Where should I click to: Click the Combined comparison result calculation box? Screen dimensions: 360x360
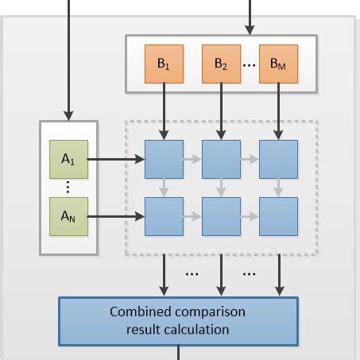coord(178,319)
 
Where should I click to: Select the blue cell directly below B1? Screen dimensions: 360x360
coord(163,159)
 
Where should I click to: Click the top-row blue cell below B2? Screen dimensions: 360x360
coord(220,159)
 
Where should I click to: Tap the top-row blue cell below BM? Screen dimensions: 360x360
coord(278,159)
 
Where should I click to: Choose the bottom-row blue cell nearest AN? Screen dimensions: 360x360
coord(163,215)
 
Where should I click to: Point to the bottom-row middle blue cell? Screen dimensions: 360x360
coord(220,215)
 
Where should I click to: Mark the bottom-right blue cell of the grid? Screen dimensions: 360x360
coord(278,215)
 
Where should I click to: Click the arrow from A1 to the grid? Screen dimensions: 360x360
coord(115,159)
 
